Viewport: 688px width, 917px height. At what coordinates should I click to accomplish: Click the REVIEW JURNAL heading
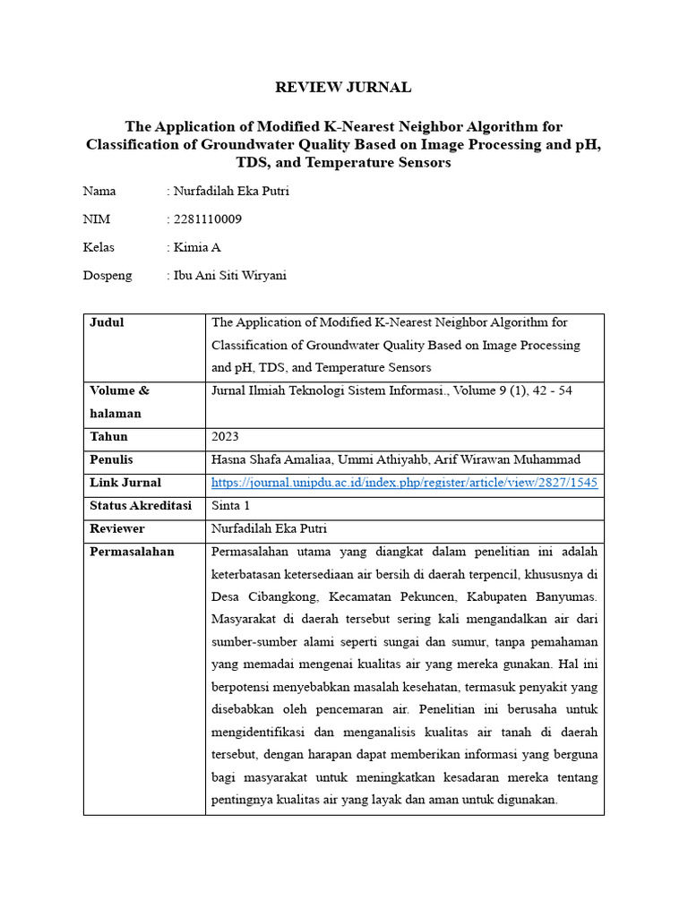(x=343, y=87)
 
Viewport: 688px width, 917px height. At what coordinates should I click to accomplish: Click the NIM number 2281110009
(x=207, y=219)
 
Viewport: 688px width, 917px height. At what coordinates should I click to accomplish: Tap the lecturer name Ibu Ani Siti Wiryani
(x=229, y=275)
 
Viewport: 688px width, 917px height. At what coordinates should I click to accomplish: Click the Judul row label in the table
(x=107, y=322)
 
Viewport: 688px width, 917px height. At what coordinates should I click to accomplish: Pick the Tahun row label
(x=108, y=437)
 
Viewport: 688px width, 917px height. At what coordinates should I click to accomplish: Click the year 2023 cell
(x=226, y=437)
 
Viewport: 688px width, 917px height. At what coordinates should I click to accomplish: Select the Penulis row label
(x=111, y=459)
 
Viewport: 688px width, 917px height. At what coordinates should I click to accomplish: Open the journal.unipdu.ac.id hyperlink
(x=405, y=483)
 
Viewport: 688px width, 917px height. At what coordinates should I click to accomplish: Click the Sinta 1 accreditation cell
(x=231, y=506)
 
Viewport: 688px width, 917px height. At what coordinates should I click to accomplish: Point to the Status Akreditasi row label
(x=141, y=506)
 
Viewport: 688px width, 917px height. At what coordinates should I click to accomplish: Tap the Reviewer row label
(x=116, y=528)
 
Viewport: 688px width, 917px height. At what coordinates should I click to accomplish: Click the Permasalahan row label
(x=132, y=552)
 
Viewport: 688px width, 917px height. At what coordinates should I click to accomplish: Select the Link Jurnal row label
(x=125, y=483)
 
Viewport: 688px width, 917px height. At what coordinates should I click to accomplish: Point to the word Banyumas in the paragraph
(x=559, y=596)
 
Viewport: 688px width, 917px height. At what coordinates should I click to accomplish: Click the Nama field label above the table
(x=99, y=192)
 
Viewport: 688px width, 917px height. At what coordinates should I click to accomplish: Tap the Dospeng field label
(x=107, y=275)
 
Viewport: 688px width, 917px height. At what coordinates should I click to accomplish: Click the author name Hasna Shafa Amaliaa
(x=269, y=459)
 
